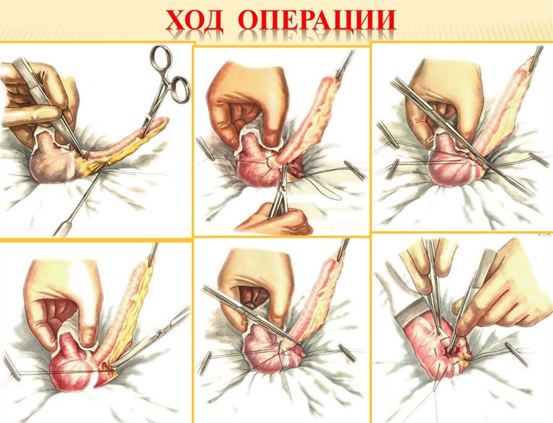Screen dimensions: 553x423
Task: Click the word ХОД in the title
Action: click(194, 20)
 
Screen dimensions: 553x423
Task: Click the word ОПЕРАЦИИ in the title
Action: click(319, 20)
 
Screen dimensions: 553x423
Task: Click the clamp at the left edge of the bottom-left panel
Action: click(11, 367)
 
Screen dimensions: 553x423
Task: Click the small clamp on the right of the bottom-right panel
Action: click(517, 354)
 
